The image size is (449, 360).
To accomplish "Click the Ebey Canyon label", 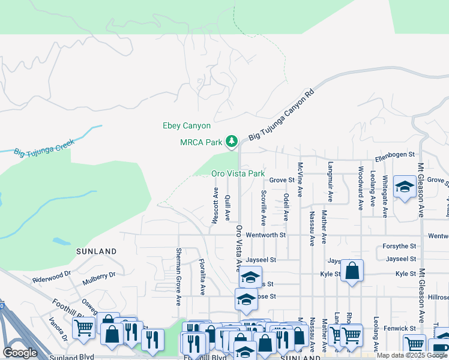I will pyautogui.click(x=187, y=126).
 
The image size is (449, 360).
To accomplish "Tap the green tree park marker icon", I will pyautogui.click(x=232, y=142).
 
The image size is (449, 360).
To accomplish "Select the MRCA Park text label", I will pyautogui.click(x=201, y=142).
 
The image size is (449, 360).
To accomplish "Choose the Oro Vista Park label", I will pyautogui.click(x=238, y=173).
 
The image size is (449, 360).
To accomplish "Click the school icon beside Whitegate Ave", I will pyautogui.click(x=405, y=187).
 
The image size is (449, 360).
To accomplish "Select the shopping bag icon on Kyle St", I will pyautogui.click(x=353, y=271).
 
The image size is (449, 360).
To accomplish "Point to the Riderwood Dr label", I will pyautogui.click(x=52, y=280).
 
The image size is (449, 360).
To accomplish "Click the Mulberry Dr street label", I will pyautogui.click(x=99, y=275).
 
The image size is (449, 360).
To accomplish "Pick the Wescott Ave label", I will pyautogui.click(x=215, y=205).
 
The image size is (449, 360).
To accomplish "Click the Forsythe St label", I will pyautogui.click(x=400, y=246).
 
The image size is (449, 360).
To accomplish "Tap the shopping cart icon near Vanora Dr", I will pyautogui.click(x=83, y=328).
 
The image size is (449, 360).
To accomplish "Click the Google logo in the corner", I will pyautogui.click(x=20, y=353).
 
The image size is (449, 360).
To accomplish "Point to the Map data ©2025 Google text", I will pyautogui.click(x=412, y=355).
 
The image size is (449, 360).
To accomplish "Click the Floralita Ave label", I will pyautogui.click(x=203, y=277).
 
